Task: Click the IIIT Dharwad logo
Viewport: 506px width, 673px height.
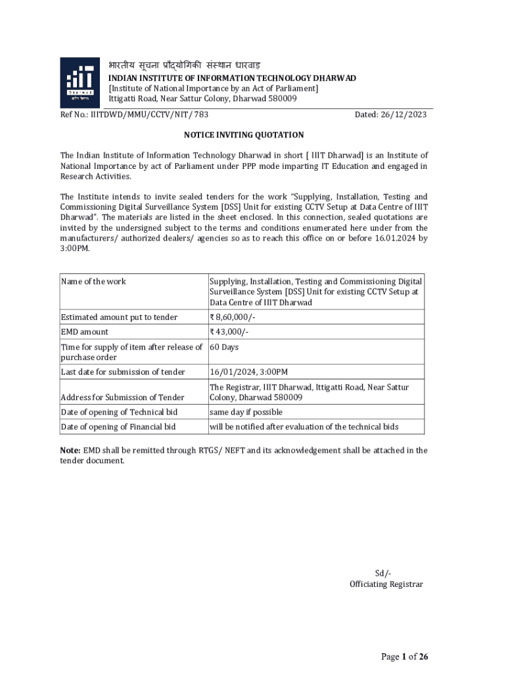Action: pyautogui.click(x=81, y=82)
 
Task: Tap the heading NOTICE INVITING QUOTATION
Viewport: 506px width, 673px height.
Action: pyautogui.click(x=244, y=135)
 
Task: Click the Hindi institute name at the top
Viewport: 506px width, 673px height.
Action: pyautogui.click(x=185, y=65)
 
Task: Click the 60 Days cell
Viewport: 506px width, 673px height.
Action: pyautogui.click(x=224, y=347)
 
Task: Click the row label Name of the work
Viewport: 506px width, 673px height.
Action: pyautogui.click(x=93, y=282)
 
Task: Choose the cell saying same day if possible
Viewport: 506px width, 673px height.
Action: pyautogui.click(x=246, y=412)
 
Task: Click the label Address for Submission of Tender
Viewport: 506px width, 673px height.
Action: pyautogui.click(x=123, y=398)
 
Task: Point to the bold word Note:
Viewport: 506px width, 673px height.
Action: pyautogui.click(x=70, y=450)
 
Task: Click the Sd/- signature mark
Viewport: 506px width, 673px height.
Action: pyautogui.click(x=383, y=573)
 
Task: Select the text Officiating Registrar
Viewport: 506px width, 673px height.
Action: pyautogui.click(x=386, y=584)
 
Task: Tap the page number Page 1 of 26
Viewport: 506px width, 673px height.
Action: pyautogui.click(x=405, y=657)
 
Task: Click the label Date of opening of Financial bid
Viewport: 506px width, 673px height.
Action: pyautogui.click(x=118, y=427)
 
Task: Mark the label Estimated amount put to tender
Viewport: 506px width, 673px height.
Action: pyautogui.click(x=119, y=317)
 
